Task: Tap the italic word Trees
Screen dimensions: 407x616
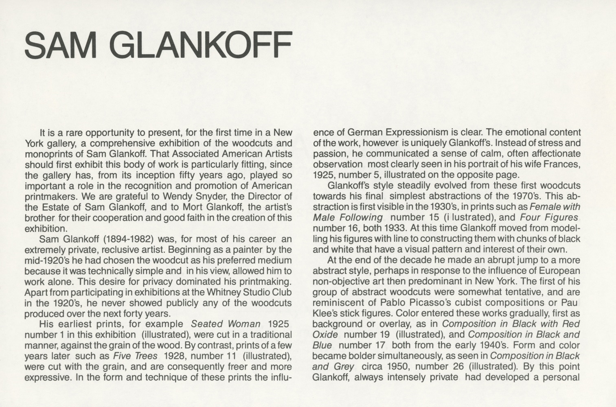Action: (x=147, y=356)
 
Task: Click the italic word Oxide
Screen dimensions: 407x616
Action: (x=325, y=335)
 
